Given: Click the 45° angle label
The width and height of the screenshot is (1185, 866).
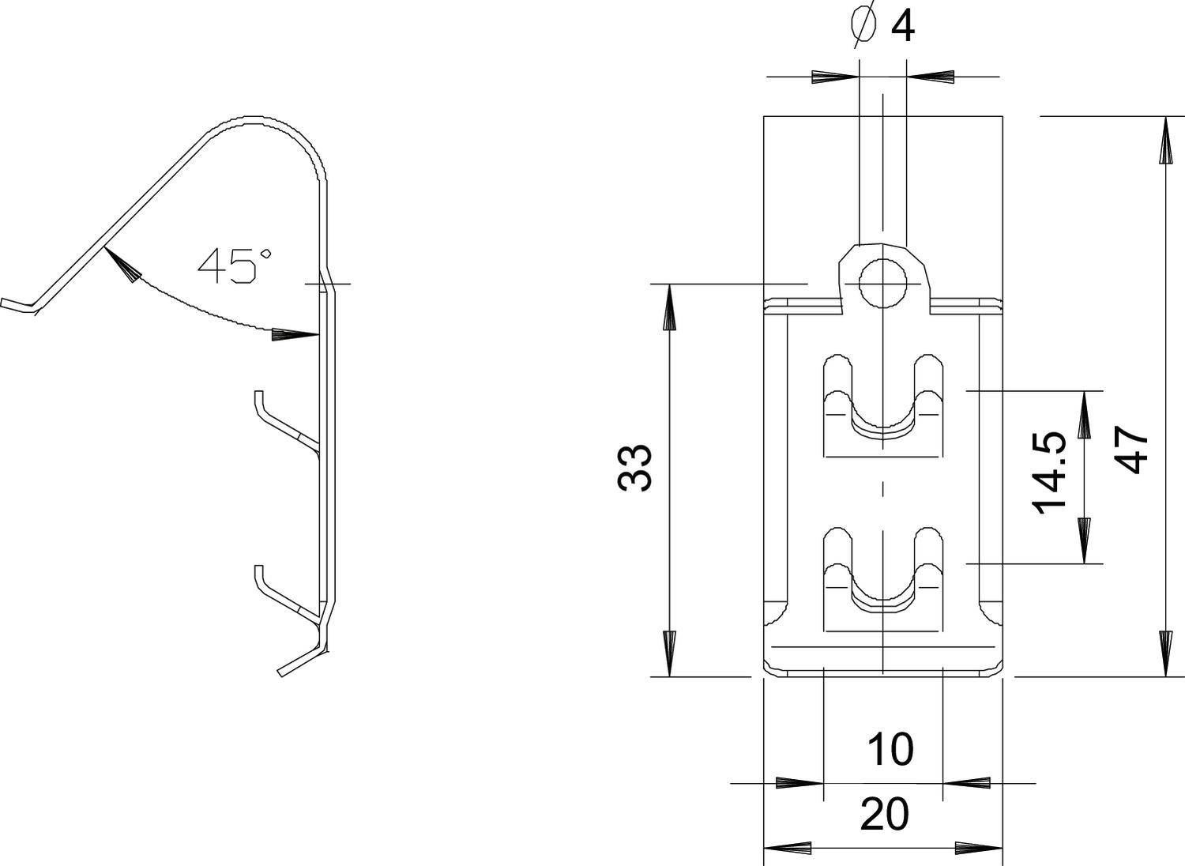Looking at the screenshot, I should pos(235,265).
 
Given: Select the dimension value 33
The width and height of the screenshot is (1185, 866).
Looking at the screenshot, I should pos(635,468).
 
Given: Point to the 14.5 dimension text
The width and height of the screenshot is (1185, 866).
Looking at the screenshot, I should pos(1051,473).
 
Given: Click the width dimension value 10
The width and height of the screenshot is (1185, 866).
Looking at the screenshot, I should pos(890,749).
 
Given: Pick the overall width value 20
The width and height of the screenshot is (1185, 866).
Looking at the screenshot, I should pos(884,815).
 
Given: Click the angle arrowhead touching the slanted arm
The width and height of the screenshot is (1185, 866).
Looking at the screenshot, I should pos(122,265).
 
